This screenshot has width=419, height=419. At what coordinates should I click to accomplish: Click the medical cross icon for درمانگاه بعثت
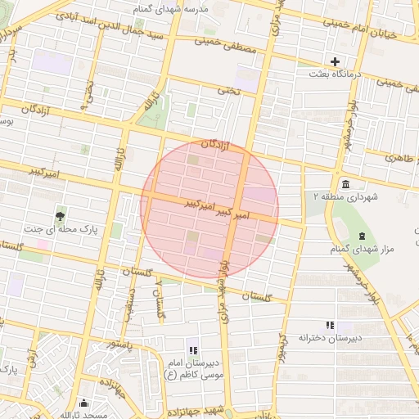tap(335, 61)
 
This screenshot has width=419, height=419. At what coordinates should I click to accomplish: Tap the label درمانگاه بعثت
tap(335, 74)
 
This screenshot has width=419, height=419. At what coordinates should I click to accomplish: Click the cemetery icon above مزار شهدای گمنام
tap(362, 236)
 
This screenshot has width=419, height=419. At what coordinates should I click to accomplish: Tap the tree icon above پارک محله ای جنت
tap(60, 217)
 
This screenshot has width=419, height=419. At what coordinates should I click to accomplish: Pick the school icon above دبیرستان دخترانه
tap(330, 325)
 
